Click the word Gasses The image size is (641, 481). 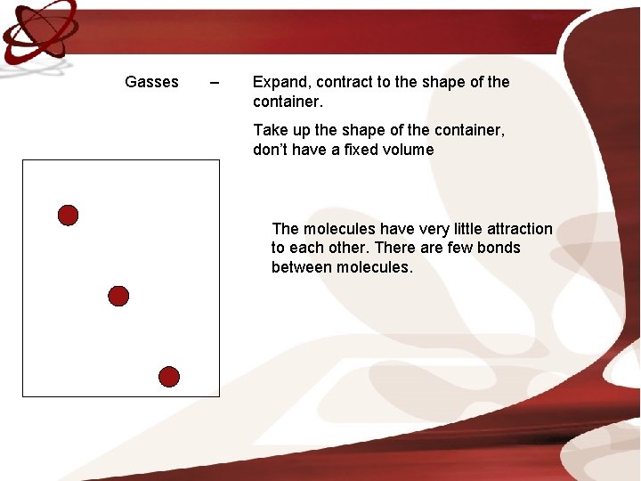151,82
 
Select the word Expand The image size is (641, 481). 279,83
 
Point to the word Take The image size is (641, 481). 271,130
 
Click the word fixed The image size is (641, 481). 363,150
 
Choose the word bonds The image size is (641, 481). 499,248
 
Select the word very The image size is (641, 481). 418,229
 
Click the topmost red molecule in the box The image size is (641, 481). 68,215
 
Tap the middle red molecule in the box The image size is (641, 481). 118,296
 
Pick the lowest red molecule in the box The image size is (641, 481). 169,377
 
